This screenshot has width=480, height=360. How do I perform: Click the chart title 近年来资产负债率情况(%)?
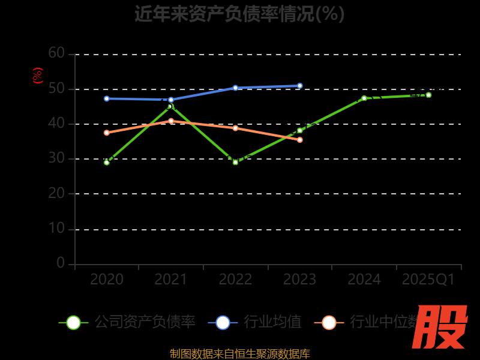coord(239,13)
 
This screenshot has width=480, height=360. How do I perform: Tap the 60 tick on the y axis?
coord(56,53)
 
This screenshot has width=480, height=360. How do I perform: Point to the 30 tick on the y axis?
coord(56,159)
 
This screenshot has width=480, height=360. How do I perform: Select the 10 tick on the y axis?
coord(56,229)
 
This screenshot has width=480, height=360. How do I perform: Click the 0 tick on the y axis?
coord(61,263)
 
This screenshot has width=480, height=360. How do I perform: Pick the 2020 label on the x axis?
coord(107,280)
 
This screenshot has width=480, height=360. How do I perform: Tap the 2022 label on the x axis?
coord(235,280)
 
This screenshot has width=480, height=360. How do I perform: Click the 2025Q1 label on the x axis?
coord(428,280)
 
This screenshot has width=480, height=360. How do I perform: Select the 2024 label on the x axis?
coord(364,280)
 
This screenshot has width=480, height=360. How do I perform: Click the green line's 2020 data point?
coord(107,162)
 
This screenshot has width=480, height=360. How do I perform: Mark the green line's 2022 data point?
coord(235,162)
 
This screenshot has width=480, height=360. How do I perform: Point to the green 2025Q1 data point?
coord(428,95)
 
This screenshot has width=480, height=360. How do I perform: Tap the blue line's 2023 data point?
coord(300,86)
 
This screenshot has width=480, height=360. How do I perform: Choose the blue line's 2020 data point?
coord(107,98)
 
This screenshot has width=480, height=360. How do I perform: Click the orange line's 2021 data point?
coord(171,121)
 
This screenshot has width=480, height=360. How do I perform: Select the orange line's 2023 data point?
coord(300,140)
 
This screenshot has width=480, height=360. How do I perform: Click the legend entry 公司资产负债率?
coord(127,322)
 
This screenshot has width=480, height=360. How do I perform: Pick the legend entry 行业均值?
coord(255,322)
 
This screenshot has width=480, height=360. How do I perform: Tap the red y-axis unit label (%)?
coord(38,76)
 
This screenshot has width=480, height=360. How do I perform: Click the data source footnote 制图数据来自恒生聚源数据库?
coord(240,354)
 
